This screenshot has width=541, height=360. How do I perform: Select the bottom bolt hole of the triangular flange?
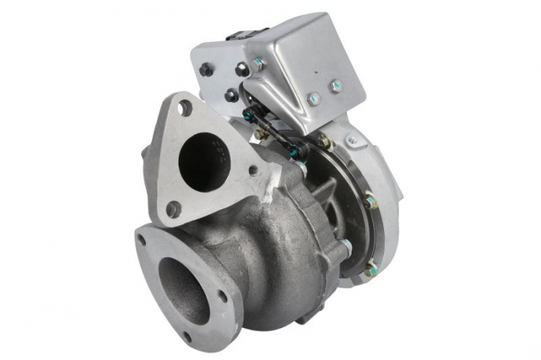point(173,209)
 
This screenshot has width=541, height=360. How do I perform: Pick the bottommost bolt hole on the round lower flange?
point(186,336)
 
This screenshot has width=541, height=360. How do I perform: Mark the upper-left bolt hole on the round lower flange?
point(141,240)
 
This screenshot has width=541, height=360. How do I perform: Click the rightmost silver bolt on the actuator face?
point(336,86)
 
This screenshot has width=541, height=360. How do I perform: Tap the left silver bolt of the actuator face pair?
point(314,99)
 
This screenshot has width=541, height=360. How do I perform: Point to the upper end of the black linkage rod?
point(249,115)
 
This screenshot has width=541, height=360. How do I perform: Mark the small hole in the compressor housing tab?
point(352,141)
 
